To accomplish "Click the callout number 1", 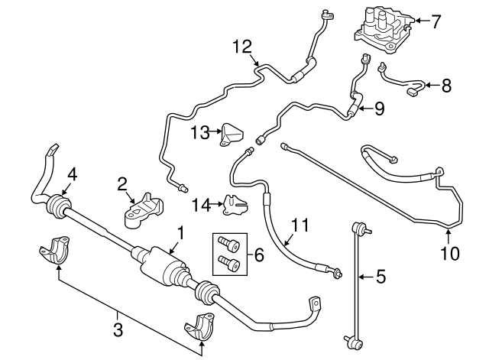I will click(x=180, y=230).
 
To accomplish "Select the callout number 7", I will click(x=436, y=21).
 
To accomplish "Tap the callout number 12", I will click(x=241, y=47).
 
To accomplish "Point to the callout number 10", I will click(x=450, y=252).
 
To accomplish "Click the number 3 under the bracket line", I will click(x=117, y=329).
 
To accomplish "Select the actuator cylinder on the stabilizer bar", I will click(x=163, y=264).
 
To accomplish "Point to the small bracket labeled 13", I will click(x=232, y=133).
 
